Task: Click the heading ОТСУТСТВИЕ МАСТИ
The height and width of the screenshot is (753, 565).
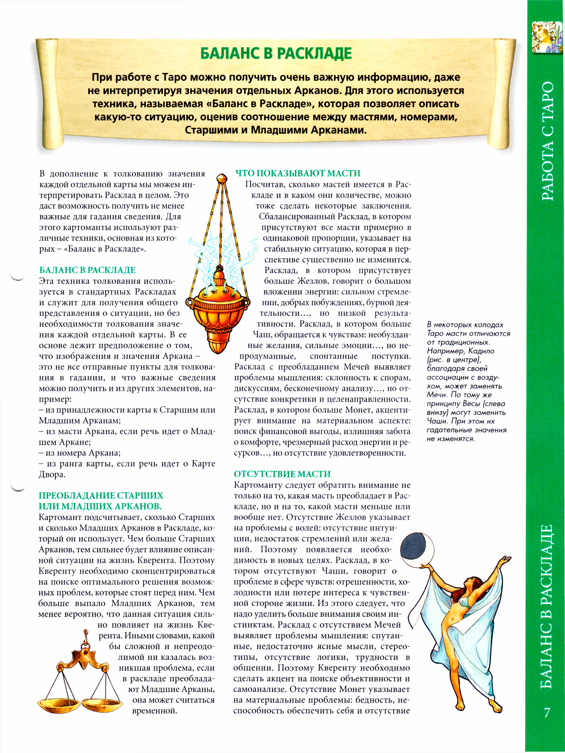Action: [282, 474]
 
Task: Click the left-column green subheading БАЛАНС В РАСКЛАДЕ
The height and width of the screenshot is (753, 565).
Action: [87, 270]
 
